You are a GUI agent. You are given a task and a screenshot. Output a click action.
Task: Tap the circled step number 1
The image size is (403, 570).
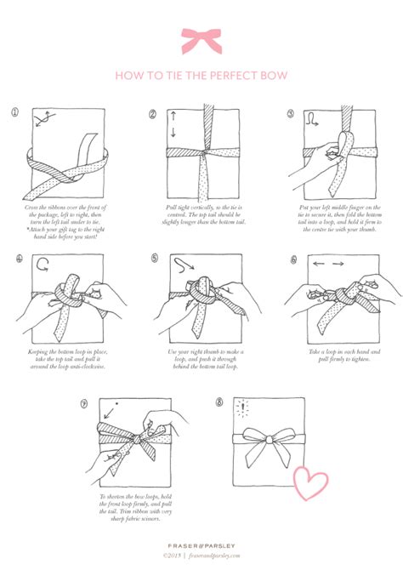[x=14, y=113]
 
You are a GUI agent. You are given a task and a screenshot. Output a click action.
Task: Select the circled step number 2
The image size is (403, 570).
[x=153, y=114]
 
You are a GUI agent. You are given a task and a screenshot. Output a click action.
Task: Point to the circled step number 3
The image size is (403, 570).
[x=291, y=114]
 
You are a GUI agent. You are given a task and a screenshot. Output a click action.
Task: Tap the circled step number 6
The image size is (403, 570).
[x=292, y=259]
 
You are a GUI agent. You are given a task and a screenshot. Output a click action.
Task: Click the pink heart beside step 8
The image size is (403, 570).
[x=310, y=481]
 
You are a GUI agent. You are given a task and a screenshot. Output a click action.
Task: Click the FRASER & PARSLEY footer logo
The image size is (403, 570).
[x=201, y=543]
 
